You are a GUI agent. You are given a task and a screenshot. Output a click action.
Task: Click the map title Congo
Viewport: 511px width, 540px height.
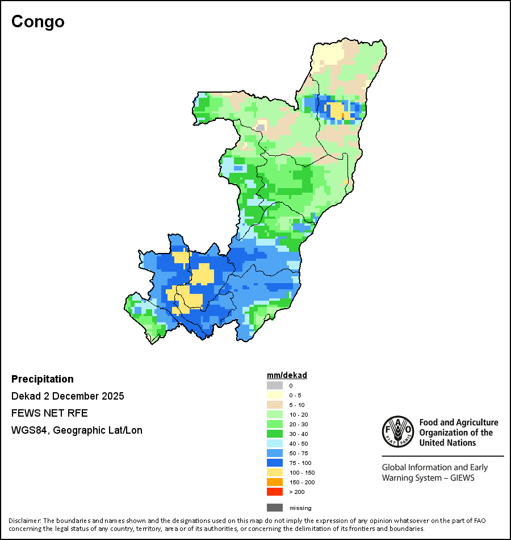coord(38,22)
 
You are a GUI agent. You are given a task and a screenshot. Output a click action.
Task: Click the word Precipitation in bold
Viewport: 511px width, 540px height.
coord(43,379)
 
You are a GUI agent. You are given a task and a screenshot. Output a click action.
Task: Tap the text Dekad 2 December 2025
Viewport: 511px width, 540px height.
coord(68,396)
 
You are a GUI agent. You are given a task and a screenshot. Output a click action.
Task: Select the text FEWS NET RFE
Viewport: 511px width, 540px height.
coord(49,413)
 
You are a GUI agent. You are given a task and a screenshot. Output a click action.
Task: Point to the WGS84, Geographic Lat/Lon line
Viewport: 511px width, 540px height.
coord(77,430)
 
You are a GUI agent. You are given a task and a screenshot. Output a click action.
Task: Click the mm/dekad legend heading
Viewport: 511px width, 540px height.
coord(287,375)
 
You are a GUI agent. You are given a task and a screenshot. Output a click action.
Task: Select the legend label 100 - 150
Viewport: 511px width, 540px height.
coord(301,472)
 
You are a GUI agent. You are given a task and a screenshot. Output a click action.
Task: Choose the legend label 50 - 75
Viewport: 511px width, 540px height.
coord(299,453)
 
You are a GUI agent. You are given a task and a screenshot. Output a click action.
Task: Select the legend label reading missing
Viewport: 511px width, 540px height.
coord(300,508)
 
